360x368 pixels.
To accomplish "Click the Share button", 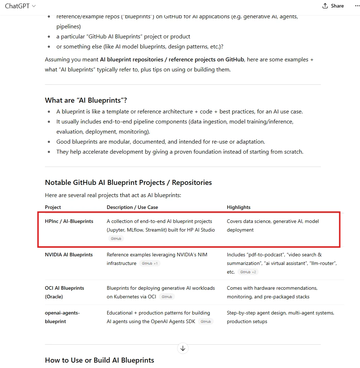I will click(333, 6).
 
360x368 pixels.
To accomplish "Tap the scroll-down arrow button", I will click(183, 348).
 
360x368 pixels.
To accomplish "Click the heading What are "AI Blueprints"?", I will click(86, 100).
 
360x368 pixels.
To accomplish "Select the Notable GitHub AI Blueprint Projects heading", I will click(128, 182).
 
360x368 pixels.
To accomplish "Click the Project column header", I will click(53, 207).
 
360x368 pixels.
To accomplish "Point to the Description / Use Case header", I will click(132, 207).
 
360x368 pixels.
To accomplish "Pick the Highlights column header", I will click(239, 207).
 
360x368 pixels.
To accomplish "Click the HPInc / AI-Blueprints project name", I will click(69, 221).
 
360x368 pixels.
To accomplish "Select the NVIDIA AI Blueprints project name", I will click(69, 255).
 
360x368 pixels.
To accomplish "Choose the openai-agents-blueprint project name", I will click(62, 317).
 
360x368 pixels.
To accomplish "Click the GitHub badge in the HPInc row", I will click(116, 239).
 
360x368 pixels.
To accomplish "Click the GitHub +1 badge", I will click(149, 264).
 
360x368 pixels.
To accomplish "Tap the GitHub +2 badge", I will click(248, 272).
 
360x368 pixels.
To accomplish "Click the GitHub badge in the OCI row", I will click(167, 297).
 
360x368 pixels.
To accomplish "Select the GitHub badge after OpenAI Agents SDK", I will click(206, 322).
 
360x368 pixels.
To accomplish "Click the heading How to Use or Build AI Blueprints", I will click(100, 360).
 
